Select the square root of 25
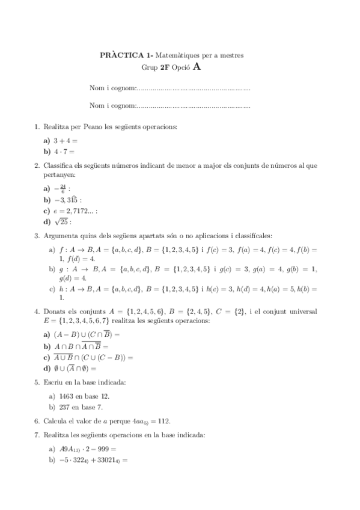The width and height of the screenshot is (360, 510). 64,221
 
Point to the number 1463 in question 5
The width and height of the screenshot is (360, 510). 67,397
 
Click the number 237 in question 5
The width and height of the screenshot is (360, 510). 65,408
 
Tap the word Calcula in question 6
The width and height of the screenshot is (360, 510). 55,421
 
